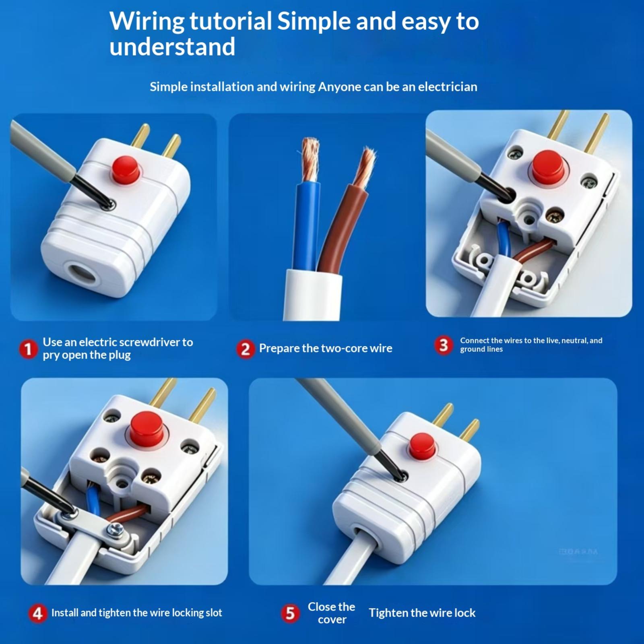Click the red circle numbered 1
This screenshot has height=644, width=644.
[28, 349]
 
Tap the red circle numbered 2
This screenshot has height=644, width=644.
[245, 349]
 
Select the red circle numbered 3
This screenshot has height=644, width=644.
[444, 345]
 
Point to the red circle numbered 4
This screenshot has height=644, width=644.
[38, 613]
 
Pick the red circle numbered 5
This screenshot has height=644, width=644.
[290, 613]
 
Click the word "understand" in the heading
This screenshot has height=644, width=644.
[172, 47]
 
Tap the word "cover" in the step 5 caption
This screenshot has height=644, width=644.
[332, 619]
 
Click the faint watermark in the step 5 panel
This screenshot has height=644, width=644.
[578, 551]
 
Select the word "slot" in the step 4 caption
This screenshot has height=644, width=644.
[214, 613]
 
